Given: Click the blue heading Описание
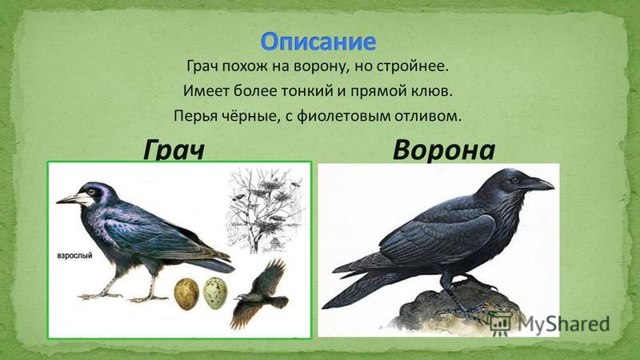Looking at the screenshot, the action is pyautogui.click(x=318, y=42).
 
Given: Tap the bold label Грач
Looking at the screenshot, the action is pyautogui.click(x=174, y=150).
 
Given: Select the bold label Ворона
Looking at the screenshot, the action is pyautogui.click(x=444, y=150).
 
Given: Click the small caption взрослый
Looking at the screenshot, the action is pyautogui.click(x=74, y=255).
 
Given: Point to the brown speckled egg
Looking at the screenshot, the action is pyautogui.click(x=186, y=294).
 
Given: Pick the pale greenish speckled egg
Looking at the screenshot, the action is pyautogui.click(x=215, y=293).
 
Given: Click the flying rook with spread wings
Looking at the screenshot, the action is pyautogui.click(x=261, y=293).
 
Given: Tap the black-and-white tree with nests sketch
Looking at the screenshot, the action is pyautogui.click(x=266, y=210).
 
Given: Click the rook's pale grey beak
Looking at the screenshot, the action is pyautogui.click(x=74, y=198).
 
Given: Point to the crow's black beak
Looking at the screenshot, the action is pyautogui.click(x=538, y=185).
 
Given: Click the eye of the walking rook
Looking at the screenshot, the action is pyautogui.click(x=92, y=191).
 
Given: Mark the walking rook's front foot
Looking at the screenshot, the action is pyautogui.click(x=100, y=295).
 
